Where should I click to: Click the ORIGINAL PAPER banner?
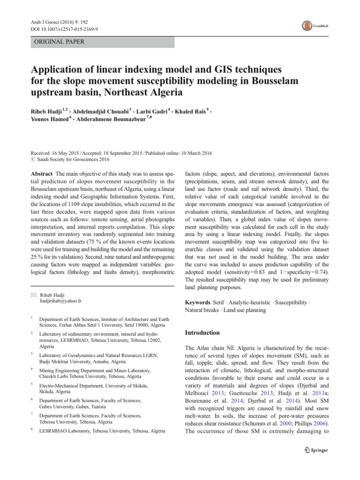point(102,42)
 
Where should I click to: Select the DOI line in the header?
point(67,29)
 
